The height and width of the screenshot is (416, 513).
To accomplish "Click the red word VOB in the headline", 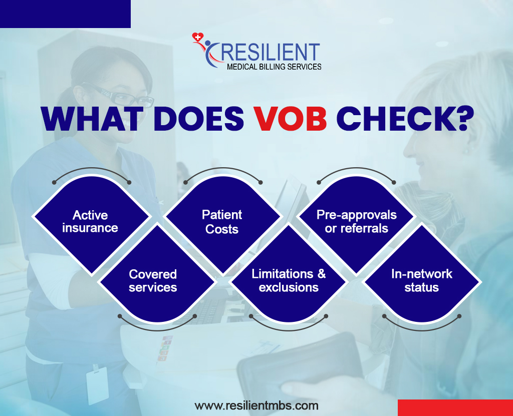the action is pos(291,118).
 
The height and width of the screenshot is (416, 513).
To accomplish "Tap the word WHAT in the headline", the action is pos(92,118).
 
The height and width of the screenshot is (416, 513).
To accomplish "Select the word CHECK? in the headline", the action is pos(405,118).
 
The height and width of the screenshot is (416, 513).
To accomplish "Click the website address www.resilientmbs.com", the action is pos(256,406).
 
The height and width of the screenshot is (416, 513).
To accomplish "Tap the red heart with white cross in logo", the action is pos(197,37).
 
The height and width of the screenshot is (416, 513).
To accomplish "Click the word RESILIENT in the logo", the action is pos(270,53).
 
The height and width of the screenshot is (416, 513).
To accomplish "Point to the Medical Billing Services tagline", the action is pos(274,67).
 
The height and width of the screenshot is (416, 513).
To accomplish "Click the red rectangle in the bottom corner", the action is pos(455,407).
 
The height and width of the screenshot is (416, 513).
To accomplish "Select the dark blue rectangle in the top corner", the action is pos(66,14).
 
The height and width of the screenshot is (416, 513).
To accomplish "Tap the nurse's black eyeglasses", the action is pos(118,95).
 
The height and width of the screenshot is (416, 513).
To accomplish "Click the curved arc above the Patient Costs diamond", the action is pos(222,169).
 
